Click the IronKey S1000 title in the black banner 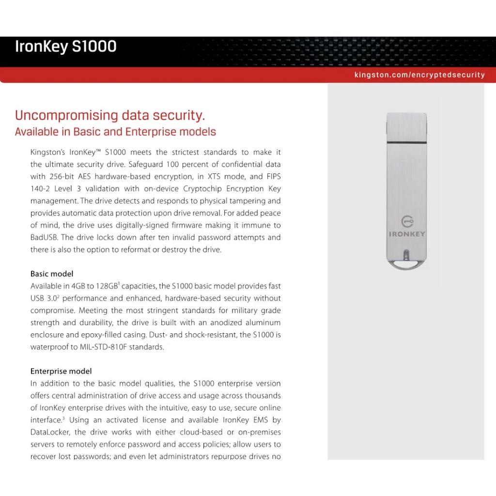(66, 47)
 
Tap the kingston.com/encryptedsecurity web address (419, 75)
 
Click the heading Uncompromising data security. (110, 116)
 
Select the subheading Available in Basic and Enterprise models (115, 132)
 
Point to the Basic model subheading (52, 274)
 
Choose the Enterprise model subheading (61, 371)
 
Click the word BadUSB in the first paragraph (45, 237)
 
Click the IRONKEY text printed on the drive (407, 234)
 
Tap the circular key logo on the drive (407, 222)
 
